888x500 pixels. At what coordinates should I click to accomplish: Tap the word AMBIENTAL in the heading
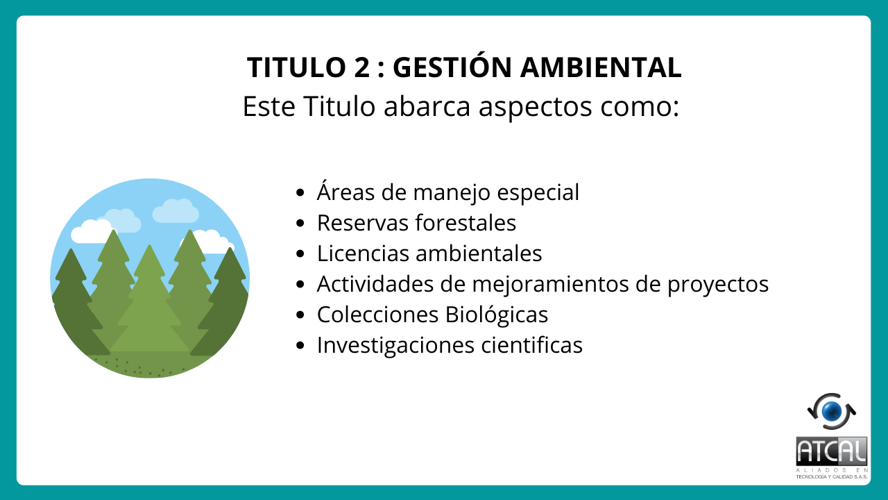pyautogui.click(x=601, y=67)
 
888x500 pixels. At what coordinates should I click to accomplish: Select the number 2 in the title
pyautogui.click(x=361, y=67)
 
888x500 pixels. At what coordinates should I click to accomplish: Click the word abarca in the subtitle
pyautogui.click(x=427, y=106)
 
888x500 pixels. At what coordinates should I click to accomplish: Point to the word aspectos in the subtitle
pyautogui.click(x=535, y=108)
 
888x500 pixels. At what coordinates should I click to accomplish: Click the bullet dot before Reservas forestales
pyautogui.click(x=300, y=224)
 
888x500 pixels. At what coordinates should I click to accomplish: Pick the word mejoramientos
pyautogui.click(x=550, y=285)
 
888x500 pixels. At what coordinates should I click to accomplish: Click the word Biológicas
pyautogui.click(x=496, y=315)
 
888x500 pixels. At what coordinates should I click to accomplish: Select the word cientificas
pyautogui.click(x=531, y=345)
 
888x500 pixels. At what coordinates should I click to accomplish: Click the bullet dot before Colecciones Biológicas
pyautogui.click(x=300, y=315)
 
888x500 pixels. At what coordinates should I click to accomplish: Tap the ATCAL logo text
pyautogui.click(x=831, y=451)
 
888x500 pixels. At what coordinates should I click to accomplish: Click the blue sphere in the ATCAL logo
pyautogui.click(x=832, y=412)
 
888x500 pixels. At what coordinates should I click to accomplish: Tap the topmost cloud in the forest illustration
pyautogui.click(x=176, y=211)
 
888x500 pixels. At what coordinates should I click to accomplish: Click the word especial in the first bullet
pyautogui.click(x=538, y=193)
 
